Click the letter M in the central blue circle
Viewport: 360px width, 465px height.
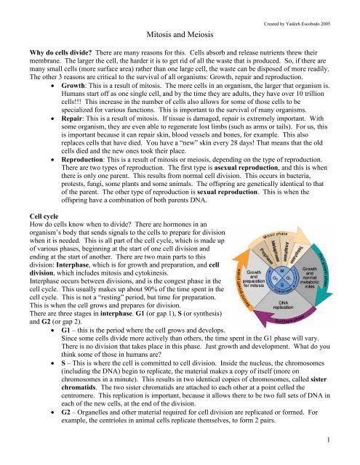284,270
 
